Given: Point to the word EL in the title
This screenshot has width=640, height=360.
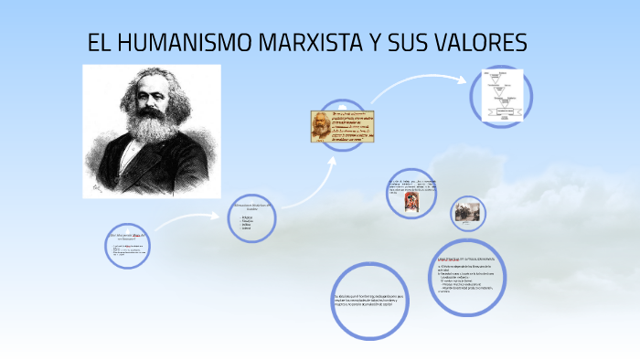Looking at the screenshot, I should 98,43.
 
